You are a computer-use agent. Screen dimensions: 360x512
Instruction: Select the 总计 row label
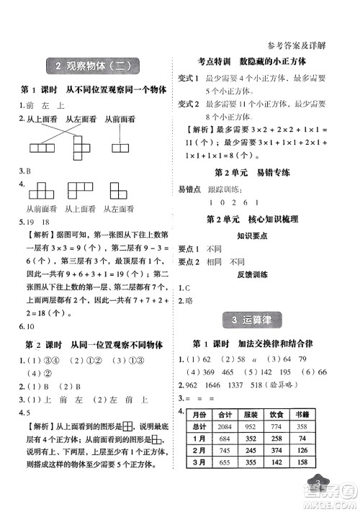pyautogui.click(x=203, y=427)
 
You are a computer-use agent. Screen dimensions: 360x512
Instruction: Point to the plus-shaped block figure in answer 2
pyautogui.click(x=85, y=151)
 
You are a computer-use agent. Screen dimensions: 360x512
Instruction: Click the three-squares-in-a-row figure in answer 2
pyautogui.click(x=41, y=148)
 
